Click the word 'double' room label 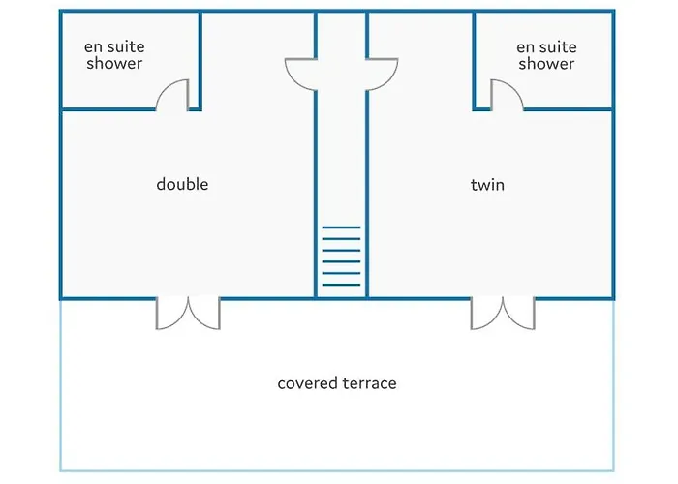[182, 184]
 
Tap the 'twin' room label [487, 184]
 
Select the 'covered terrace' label [337, 383]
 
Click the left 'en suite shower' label [113, 55]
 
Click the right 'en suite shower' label [546, 55]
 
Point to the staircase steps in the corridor [341, 257]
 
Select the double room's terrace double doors [189, 312]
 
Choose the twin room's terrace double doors [503, 312]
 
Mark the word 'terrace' [369, 383]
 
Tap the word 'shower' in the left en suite [113, 64]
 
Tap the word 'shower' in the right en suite [546, 64]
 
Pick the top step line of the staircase [341, 227]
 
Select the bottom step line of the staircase [341, 285]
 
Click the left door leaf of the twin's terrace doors [487, 313]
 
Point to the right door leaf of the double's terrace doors [204, 313]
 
